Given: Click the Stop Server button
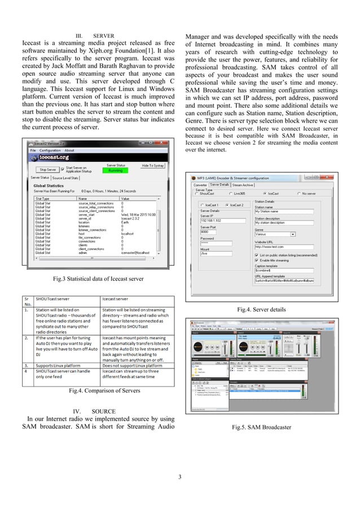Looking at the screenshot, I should (47, 169).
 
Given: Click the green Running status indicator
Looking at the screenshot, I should (115, 170).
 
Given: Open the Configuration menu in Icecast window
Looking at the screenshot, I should (50, 151).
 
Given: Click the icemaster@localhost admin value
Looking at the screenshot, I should (138, 252).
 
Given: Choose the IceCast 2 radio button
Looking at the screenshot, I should (242, 205).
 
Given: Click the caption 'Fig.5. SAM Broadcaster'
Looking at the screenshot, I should (262, 427).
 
